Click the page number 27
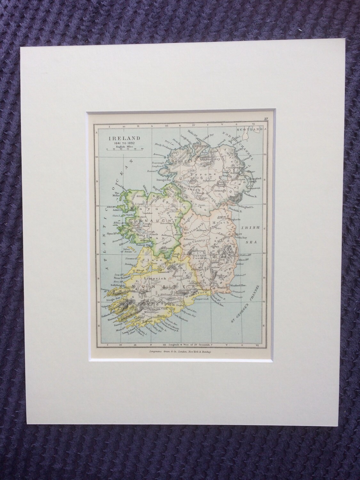coord(266,119)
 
